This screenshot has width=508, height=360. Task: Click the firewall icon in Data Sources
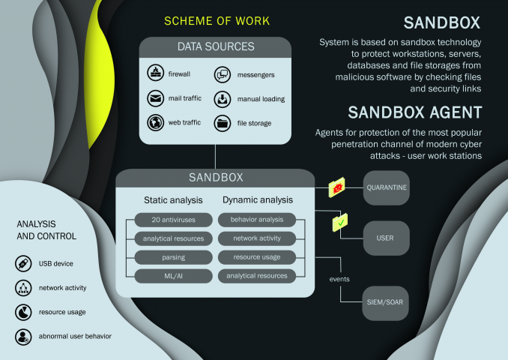click(x=156, y=73)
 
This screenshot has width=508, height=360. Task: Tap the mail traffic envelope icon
click(x=156, y=98)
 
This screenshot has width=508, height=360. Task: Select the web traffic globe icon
click(x=156, y=122)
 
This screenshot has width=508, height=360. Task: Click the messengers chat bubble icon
click(x=223, y=74)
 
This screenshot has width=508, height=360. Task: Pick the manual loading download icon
click(x=223, y=99)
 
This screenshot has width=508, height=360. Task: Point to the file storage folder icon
click(x=223, y=123)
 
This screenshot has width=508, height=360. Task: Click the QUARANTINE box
click(x=386, y=187)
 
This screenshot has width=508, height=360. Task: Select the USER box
click(x=386, y=238)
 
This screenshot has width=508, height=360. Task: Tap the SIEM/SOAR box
click(x=385, y=303)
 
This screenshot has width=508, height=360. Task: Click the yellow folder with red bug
click(x=336, y=187)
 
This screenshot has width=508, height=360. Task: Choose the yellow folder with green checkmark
click(x=340, y=223)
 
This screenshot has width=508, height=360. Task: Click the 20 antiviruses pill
click(x=173, y=220)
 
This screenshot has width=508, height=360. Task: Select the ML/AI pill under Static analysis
click(x=173, y=276)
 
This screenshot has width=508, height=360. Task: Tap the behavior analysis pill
click(x=257, y=220)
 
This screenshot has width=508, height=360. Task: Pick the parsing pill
click(x=173, y=257)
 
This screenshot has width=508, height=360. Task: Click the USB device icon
click(x=23, y=263)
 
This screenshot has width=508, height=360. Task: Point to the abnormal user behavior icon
click(x=23, y=337)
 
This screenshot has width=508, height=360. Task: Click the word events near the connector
click(x=339, y=279)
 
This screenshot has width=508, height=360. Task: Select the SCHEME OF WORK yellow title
click(x=217, y=21)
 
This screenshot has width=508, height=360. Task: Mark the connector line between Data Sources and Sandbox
click(x=215, y=157)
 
